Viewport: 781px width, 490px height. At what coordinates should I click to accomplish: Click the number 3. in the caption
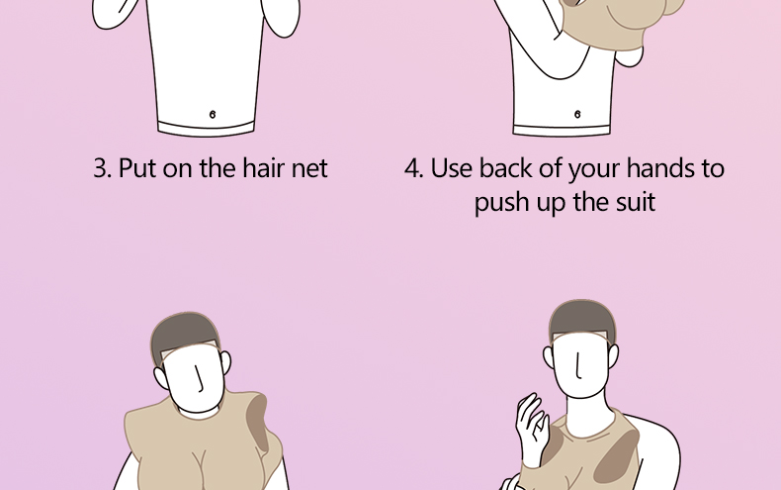tap(102, 168)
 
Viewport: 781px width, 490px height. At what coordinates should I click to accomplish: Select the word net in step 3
tap(309, 169)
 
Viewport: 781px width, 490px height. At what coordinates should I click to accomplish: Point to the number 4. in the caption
tap(413, 168)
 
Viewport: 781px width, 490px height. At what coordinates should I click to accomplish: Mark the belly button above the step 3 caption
tap(213, 115)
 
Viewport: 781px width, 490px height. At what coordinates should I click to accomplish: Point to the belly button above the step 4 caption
tap(577, 114)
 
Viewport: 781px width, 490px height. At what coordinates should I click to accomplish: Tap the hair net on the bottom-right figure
tap(581, 320)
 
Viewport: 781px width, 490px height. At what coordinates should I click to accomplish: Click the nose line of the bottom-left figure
tap(200, 378)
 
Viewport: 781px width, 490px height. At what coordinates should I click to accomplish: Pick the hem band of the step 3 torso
tap(207, 128)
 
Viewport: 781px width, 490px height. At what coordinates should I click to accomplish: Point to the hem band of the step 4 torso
tap(562, 130)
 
